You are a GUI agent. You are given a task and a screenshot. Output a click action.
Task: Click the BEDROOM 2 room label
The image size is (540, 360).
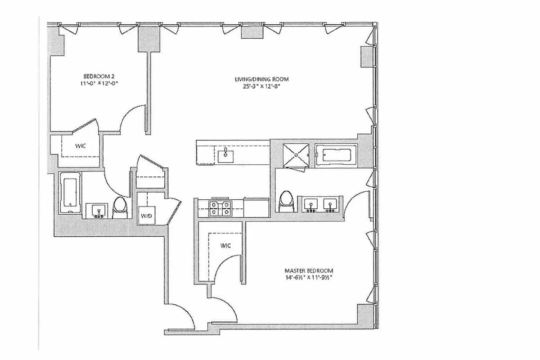click(101, 76)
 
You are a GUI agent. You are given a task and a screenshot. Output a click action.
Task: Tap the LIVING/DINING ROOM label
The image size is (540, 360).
click(261, 80)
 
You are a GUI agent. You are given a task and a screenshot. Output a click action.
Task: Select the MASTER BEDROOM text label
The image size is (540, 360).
click(308, 270)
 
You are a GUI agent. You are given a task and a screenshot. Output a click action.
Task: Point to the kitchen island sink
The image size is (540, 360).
click(225, 156)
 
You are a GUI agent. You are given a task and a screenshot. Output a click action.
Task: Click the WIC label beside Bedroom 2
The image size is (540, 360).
click(80, 146)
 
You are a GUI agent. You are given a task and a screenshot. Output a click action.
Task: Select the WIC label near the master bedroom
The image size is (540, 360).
click(225, 246)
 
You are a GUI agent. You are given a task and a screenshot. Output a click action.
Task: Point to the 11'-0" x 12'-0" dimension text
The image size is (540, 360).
click(101, 83)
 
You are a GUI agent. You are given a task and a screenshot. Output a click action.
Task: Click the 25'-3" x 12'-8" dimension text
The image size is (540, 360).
click(261, 87)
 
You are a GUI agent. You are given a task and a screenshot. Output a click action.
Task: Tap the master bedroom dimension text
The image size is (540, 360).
click(308, 277)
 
